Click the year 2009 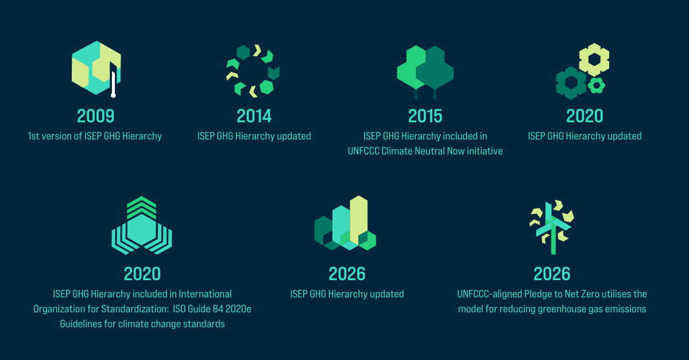point(96,116)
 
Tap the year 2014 point(254,116)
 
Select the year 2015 point(425,116)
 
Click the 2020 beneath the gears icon point(585,116)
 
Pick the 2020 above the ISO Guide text point(142,273)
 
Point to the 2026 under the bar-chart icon point(347,273)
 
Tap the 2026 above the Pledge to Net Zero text point(552,273)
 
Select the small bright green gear point(597,86)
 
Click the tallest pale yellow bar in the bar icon point(359,218)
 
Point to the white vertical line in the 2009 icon point(114,83)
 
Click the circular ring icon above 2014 point(253,70)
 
